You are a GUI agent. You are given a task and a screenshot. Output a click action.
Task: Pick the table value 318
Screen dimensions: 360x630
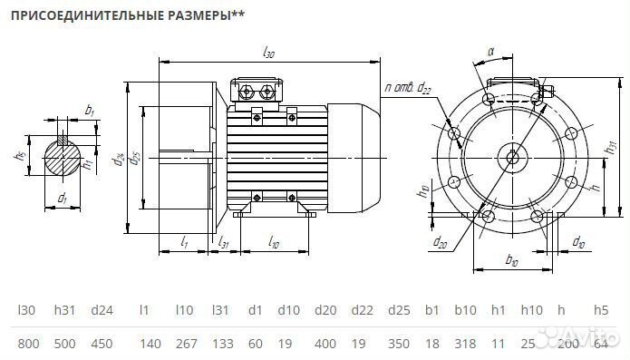[x=465, y=343]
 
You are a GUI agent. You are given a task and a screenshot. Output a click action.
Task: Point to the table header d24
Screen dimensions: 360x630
[x=102, y=310]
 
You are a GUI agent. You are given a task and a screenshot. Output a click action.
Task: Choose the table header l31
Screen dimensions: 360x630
[x=219, y=310]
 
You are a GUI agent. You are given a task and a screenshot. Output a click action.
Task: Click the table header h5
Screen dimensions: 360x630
[x=600, y=310]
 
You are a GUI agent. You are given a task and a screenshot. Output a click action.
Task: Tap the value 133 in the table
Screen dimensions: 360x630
[x=221, y=343]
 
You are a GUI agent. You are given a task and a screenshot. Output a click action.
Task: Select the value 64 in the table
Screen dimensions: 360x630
[x=600, y=343]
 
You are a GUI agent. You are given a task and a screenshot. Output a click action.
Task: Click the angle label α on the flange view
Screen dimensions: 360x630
[x=490, y=54]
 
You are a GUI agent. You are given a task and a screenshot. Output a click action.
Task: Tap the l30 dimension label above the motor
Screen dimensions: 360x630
[x=268, y=54]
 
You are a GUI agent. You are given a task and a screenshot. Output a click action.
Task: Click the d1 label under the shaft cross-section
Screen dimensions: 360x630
[x=62, y=197]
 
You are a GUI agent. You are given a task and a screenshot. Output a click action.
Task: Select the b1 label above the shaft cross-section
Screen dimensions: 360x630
[x=89, y=111]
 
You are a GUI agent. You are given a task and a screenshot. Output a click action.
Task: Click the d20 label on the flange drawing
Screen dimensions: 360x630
[x=440, y=242]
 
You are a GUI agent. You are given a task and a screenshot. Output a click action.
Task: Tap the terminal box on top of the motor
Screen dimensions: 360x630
[x=261, y=91]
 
